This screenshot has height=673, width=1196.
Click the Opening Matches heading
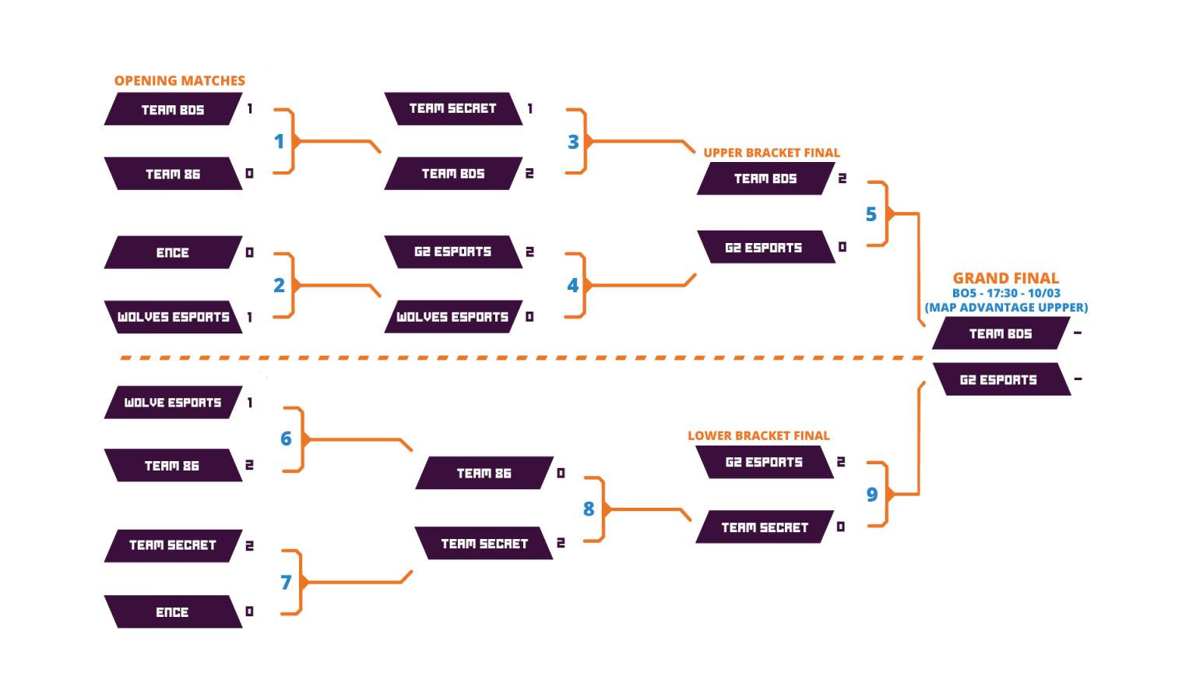pos(180,80)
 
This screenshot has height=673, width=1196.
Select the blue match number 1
pos(280,142)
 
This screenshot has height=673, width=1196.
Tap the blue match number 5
pos(871,214)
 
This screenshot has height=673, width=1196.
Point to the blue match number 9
pos(871,495)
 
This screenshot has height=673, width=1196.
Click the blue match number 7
pos(286,582)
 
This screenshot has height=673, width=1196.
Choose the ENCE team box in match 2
pos(173,252)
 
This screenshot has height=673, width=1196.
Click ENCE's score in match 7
pos(250,611)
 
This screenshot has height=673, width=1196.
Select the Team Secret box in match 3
pos(452,108)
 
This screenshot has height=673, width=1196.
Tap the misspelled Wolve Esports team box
pos(173,403)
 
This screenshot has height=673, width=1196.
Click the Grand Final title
pos(1006,278)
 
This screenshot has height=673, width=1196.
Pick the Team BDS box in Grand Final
pos(1000,333)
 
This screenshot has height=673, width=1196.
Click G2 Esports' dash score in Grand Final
pos(1078,379)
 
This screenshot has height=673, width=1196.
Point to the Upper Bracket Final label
pos(772,153)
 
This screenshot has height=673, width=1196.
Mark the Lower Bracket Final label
pos(759,435)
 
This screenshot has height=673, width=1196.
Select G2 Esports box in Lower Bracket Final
pos(764,462)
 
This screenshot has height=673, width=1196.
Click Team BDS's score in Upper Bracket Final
pos(842,178)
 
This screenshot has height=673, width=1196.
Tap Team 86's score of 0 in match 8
pos(561,473)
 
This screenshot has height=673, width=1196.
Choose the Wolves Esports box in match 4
pos(452,317)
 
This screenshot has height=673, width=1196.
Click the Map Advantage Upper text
pos(1006,308)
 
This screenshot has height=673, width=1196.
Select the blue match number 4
pos(573,285)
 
